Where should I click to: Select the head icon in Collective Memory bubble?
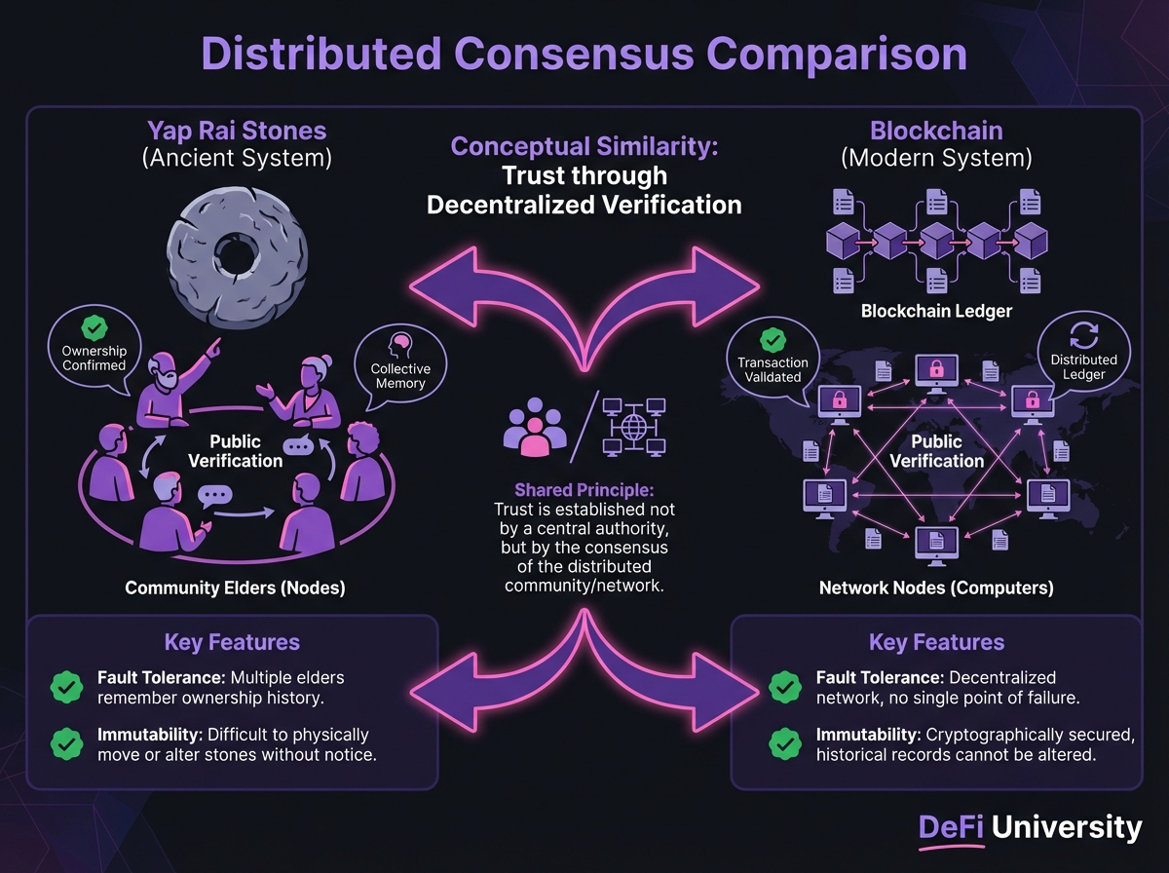click(399, 346)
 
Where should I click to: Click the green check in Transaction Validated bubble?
click(773, 339)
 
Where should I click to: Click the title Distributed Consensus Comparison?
click(584, 54)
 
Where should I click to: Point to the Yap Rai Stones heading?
click(238, 131)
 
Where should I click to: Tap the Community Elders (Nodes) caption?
click(235, 588)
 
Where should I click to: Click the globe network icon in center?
click(633, 427)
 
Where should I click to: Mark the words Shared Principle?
click(584, 491)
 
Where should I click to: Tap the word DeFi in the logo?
click(951, 829)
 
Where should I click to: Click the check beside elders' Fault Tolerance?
click(66, 688)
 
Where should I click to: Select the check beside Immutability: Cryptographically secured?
click(784, 744)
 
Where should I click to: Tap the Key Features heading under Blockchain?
click(935, 643)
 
